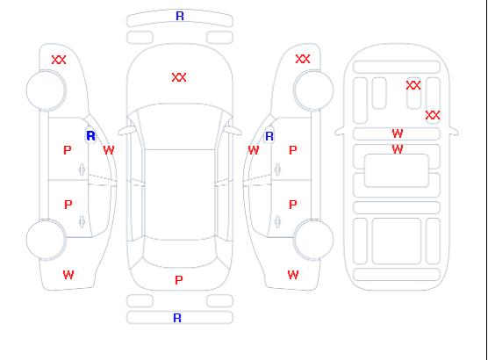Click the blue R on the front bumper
coord(180,16)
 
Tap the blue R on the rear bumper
coord(177,318)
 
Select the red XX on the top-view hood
coord(179,77)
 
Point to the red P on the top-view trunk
coord(179,280)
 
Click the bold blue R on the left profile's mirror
coord(90,136)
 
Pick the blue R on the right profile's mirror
coord(269,136)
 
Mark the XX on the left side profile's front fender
coord(59,60)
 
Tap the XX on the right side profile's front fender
coord(303,59)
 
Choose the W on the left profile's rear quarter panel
coord(68,275)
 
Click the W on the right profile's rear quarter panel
coord(293,275)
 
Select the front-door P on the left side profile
coord(68,150)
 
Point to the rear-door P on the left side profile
coord(68,205)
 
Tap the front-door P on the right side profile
coord(293,150)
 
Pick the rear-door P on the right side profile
coord(293,205)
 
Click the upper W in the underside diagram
coord(398,133)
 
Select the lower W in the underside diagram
coord(398,149)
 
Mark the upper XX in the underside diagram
coord(413,85)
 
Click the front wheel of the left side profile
coord(46,90)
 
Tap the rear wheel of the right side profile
coord(313,240)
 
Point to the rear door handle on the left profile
coord(82,221)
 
